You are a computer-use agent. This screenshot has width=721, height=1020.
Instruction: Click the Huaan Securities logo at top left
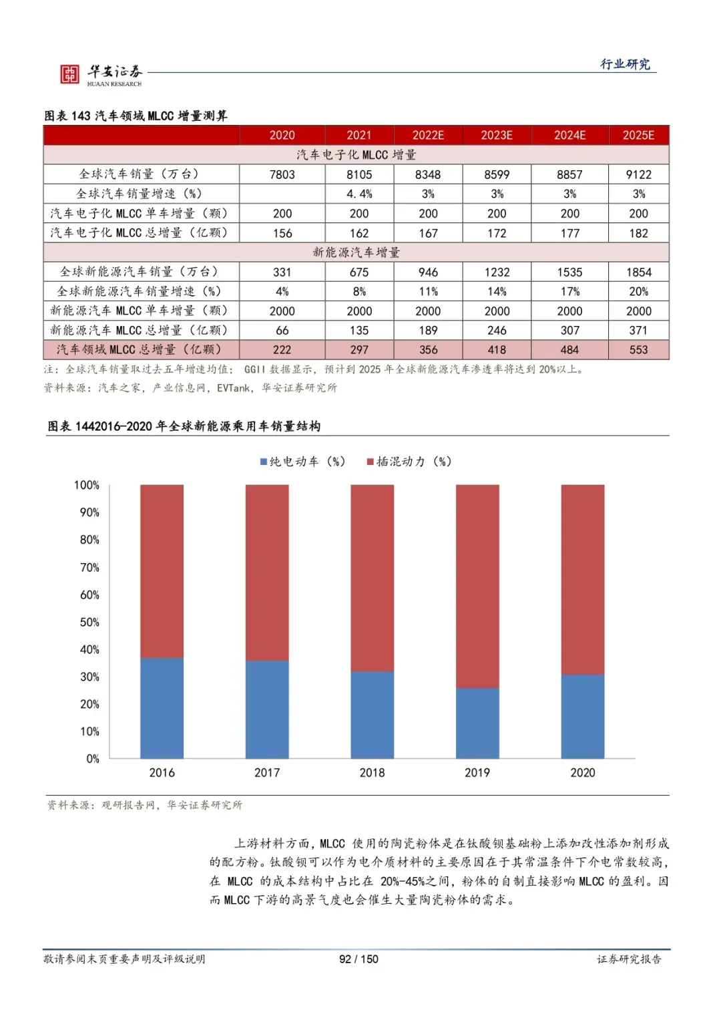point(100,74)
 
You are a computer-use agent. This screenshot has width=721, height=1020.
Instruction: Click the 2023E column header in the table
point(497,135)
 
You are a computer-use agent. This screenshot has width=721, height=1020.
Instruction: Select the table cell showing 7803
point(282,174)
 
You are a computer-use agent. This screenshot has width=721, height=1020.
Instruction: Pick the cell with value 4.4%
point(359,194)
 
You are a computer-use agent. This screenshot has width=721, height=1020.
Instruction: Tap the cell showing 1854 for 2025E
point(638,272)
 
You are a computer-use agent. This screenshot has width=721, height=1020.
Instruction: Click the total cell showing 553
point(638,349)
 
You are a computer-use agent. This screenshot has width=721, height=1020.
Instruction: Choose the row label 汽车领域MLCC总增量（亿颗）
point(139,349)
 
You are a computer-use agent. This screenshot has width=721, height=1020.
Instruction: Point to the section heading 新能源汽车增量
point(356,252)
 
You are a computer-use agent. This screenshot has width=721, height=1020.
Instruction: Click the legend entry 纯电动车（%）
point(302,462)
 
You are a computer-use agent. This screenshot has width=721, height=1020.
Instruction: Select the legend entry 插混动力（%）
point(409,462)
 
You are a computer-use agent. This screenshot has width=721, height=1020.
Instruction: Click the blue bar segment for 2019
point(477,723)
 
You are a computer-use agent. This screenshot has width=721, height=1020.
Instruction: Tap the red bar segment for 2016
point(162,571)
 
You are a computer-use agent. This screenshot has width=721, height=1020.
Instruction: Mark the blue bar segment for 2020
point(582,716)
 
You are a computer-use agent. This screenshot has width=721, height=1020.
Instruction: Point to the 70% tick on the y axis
point(89,567)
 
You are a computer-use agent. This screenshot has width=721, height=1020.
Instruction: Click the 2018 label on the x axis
point(372,772)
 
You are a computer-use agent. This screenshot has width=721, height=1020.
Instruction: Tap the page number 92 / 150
point(358,959)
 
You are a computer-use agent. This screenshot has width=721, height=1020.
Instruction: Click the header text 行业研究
point(625,64)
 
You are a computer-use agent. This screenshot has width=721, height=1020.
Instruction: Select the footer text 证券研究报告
point(629,959)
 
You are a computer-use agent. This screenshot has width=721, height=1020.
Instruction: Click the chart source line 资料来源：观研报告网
point(144,805)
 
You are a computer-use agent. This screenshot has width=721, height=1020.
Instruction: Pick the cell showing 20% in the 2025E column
point(638,291)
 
